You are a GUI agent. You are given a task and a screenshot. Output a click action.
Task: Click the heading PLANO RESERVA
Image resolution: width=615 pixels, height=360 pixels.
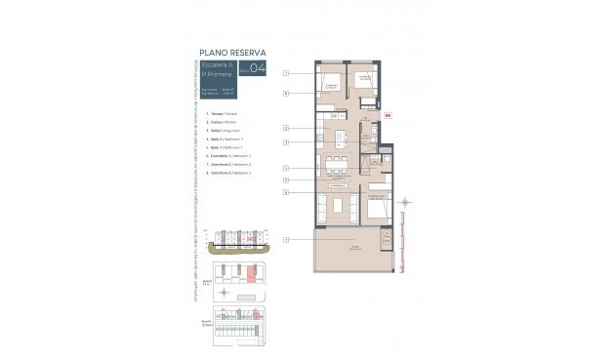tap(232, 54)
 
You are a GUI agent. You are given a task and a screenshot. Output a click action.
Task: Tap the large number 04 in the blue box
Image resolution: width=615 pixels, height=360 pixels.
tap(257, 68)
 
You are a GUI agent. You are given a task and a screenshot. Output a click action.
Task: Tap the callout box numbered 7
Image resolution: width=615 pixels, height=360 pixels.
tap(286, 73)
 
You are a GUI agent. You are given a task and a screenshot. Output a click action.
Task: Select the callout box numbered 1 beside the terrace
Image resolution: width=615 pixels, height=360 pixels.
tap(286, 239)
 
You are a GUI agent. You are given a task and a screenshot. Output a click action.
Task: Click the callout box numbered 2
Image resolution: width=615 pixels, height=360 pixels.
tap(286, 128)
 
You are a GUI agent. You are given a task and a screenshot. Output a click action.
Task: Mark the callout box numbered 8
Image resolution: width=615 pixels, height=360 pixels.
tap(286, 94)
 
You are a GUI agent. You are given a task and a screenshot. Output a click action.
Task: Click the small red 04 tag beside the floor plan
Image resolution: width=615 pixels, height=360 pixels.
tap(388, 116)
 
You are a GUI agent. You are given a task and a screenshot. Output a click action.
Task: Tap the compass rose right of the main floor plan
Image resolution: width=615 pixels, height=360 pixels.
tap(406, 203)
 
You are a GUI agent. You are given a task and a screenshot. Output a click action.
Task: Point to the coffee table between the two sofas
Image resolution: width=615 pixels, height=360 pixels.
tap(339, 205)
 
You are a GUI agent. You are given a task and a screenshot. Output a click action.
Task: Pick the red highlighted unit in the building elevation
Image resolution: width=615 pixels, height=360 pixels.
tap(250, 237)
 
